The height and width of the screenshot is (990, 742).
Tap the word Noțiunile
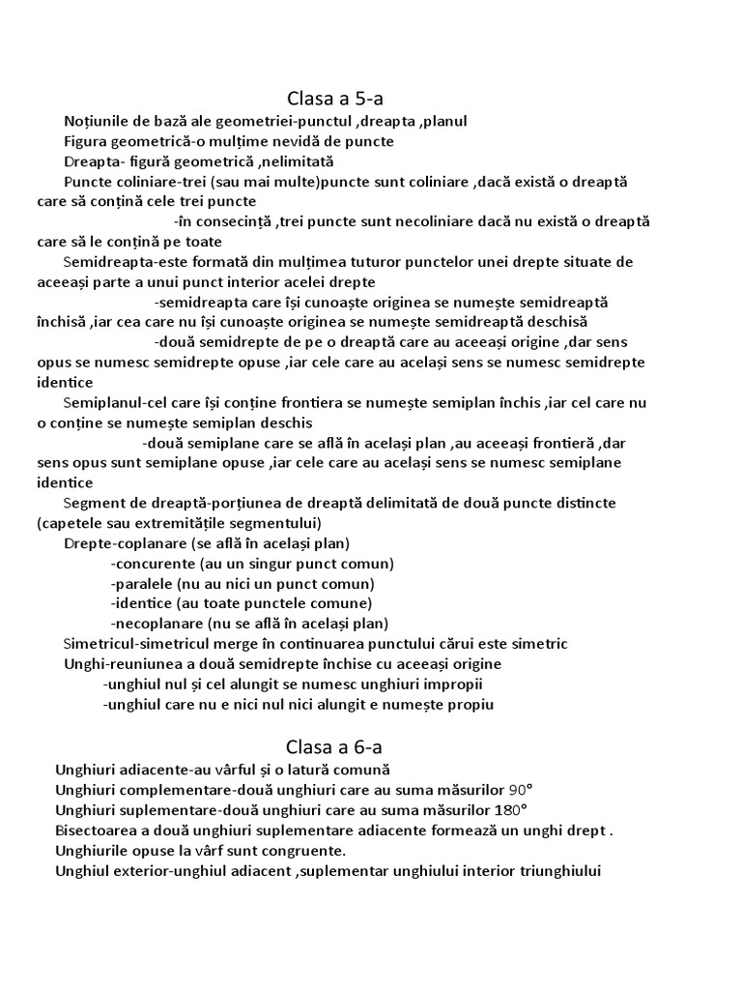[x=100, y=121]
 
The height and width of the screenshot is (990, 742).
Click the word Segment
[x=92, y=504]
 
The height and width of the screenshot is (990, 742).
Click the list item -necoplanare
[x=161, y=624]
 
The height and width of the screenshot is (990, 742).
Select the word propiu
[x=470, y=705]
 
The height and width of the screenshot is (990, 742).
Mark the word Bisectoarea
[x=101, y=830]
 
